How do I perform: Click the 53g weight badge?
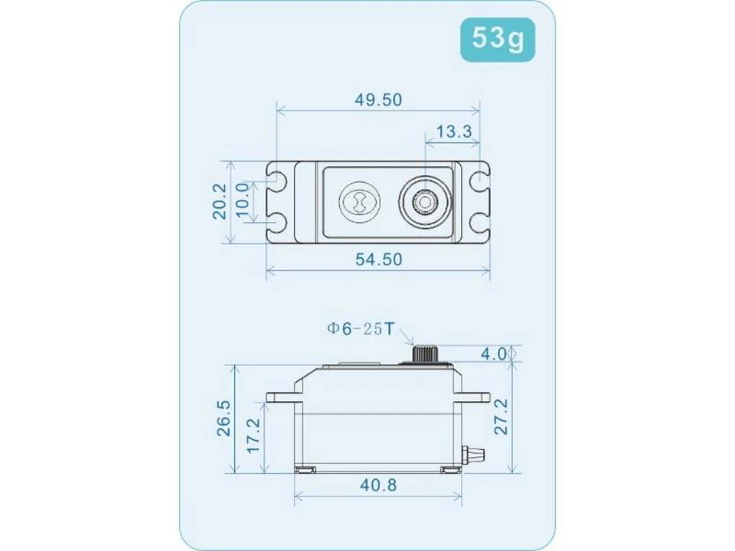coord(498,38)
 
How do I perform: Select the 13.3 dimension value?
coord(453,131)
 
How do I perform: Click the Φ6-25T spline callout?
coord(360,329)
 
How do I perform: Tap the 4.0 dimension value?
coord(494,354)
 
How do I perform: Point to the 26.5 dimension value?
coord(222,417)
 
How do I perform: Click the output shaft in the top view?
coord(423,202)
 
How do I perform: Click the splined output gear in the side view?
coord(423,354)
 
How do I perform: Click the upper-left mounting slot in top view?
coord(277,182)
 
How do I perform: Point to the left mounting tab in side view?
coord(282,397)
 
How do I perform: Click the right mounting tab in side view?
coord(476,397)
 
